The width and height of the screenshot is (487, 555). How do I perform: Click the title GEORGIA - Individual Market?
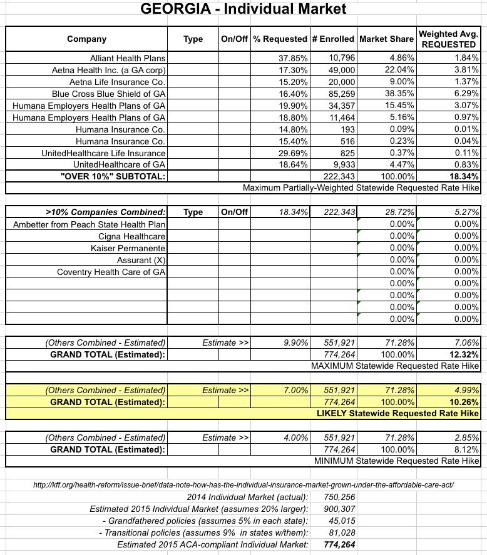(243, 10)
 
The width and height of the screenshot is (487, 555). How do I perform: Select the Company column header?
(87, 39)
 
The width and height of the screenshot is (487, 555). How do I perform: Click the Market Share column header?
(386, 39)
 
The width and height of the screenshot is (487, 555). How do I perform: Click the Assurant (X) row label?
(141, 260)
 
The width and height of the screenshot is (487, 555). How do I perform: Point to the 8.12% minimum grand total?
(466, 449)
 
